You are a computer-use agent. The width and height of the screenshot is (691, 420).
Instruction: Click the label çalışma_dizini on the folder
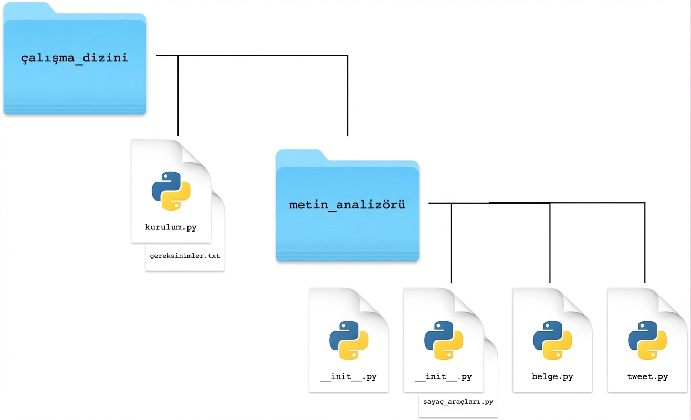coord(75,58)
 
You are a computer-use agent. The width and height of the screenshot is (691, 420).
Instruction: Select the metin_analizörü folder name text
coord(347,205)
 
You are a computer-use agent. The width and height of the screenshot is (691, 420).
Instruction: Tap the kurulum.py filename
coord(171,227)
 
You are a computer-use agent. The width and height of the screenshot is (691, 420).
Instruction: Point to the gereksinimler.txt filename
coord(185,256)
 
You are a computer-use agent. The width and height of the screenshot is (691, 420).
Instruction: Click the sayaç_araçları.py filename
coord(458,402)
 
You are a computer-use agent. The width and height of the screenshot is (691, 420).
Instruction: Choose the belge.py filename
coord(552,376)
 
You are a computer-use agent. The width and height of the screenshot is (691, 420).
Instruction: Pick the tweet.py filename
coord(647,376)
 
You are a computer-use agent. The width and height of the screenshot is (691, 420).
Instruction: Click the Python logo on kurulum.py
coord(171,191)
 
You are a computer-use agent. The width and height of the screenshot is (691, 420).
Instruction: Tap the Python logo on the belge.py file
coord(552,340)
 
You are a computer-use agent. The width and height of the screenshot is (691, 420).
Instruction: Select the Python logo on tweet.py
coord(647,340)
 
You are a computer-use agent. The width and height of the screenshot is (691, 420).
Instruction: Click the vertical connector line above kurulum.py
coord(178,96)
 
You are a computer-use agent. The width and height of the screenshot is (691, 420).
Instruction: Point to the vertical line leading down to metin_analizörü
coord(348,96)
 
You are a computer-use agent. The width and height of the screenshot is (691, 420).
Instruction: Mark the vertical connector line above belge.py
coord(550,243)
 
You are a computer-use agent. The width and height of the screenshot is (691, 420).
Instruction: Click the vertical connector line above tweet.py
coord(645,243)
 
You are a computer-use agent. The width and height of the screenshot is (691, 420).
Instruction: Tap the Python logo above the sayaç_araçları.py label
coord(444,340)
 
